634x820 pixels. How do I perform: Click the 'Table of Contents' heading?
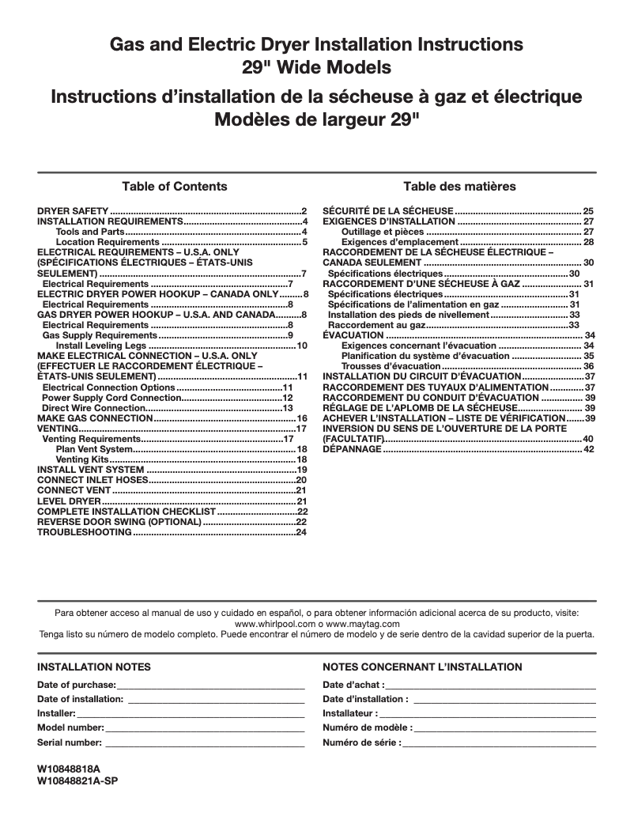[x=174, y=187]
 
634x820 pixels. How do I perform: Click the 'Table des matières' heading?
[x=459, y=187]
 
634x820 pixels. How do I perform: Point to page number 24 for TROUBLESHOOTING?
[x=301, y=532]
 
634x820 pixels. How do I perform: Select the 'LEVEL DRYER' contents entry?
[x=69, y=501]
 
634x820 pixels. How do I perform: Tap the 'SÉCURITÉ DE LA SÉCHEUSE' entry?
[x=388, y=211]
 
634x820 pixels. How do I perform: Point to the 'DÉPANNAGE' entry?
[x=352, y=449]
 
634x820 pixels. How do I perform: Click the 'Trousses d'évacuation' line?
[x=391, y=366]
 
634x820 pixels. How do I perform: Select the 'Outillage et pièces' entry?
[x=383, y=232]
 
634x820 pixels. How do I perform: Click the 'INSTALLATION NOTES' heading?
[x=94, y=667]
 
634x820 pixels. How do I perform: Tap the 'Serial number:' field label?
[x=70, y=743]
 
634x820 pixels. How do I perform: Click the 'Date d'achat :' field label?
[x=353, y=685]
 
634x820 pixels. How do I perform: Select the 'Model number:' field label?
[x=70, y=727]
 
